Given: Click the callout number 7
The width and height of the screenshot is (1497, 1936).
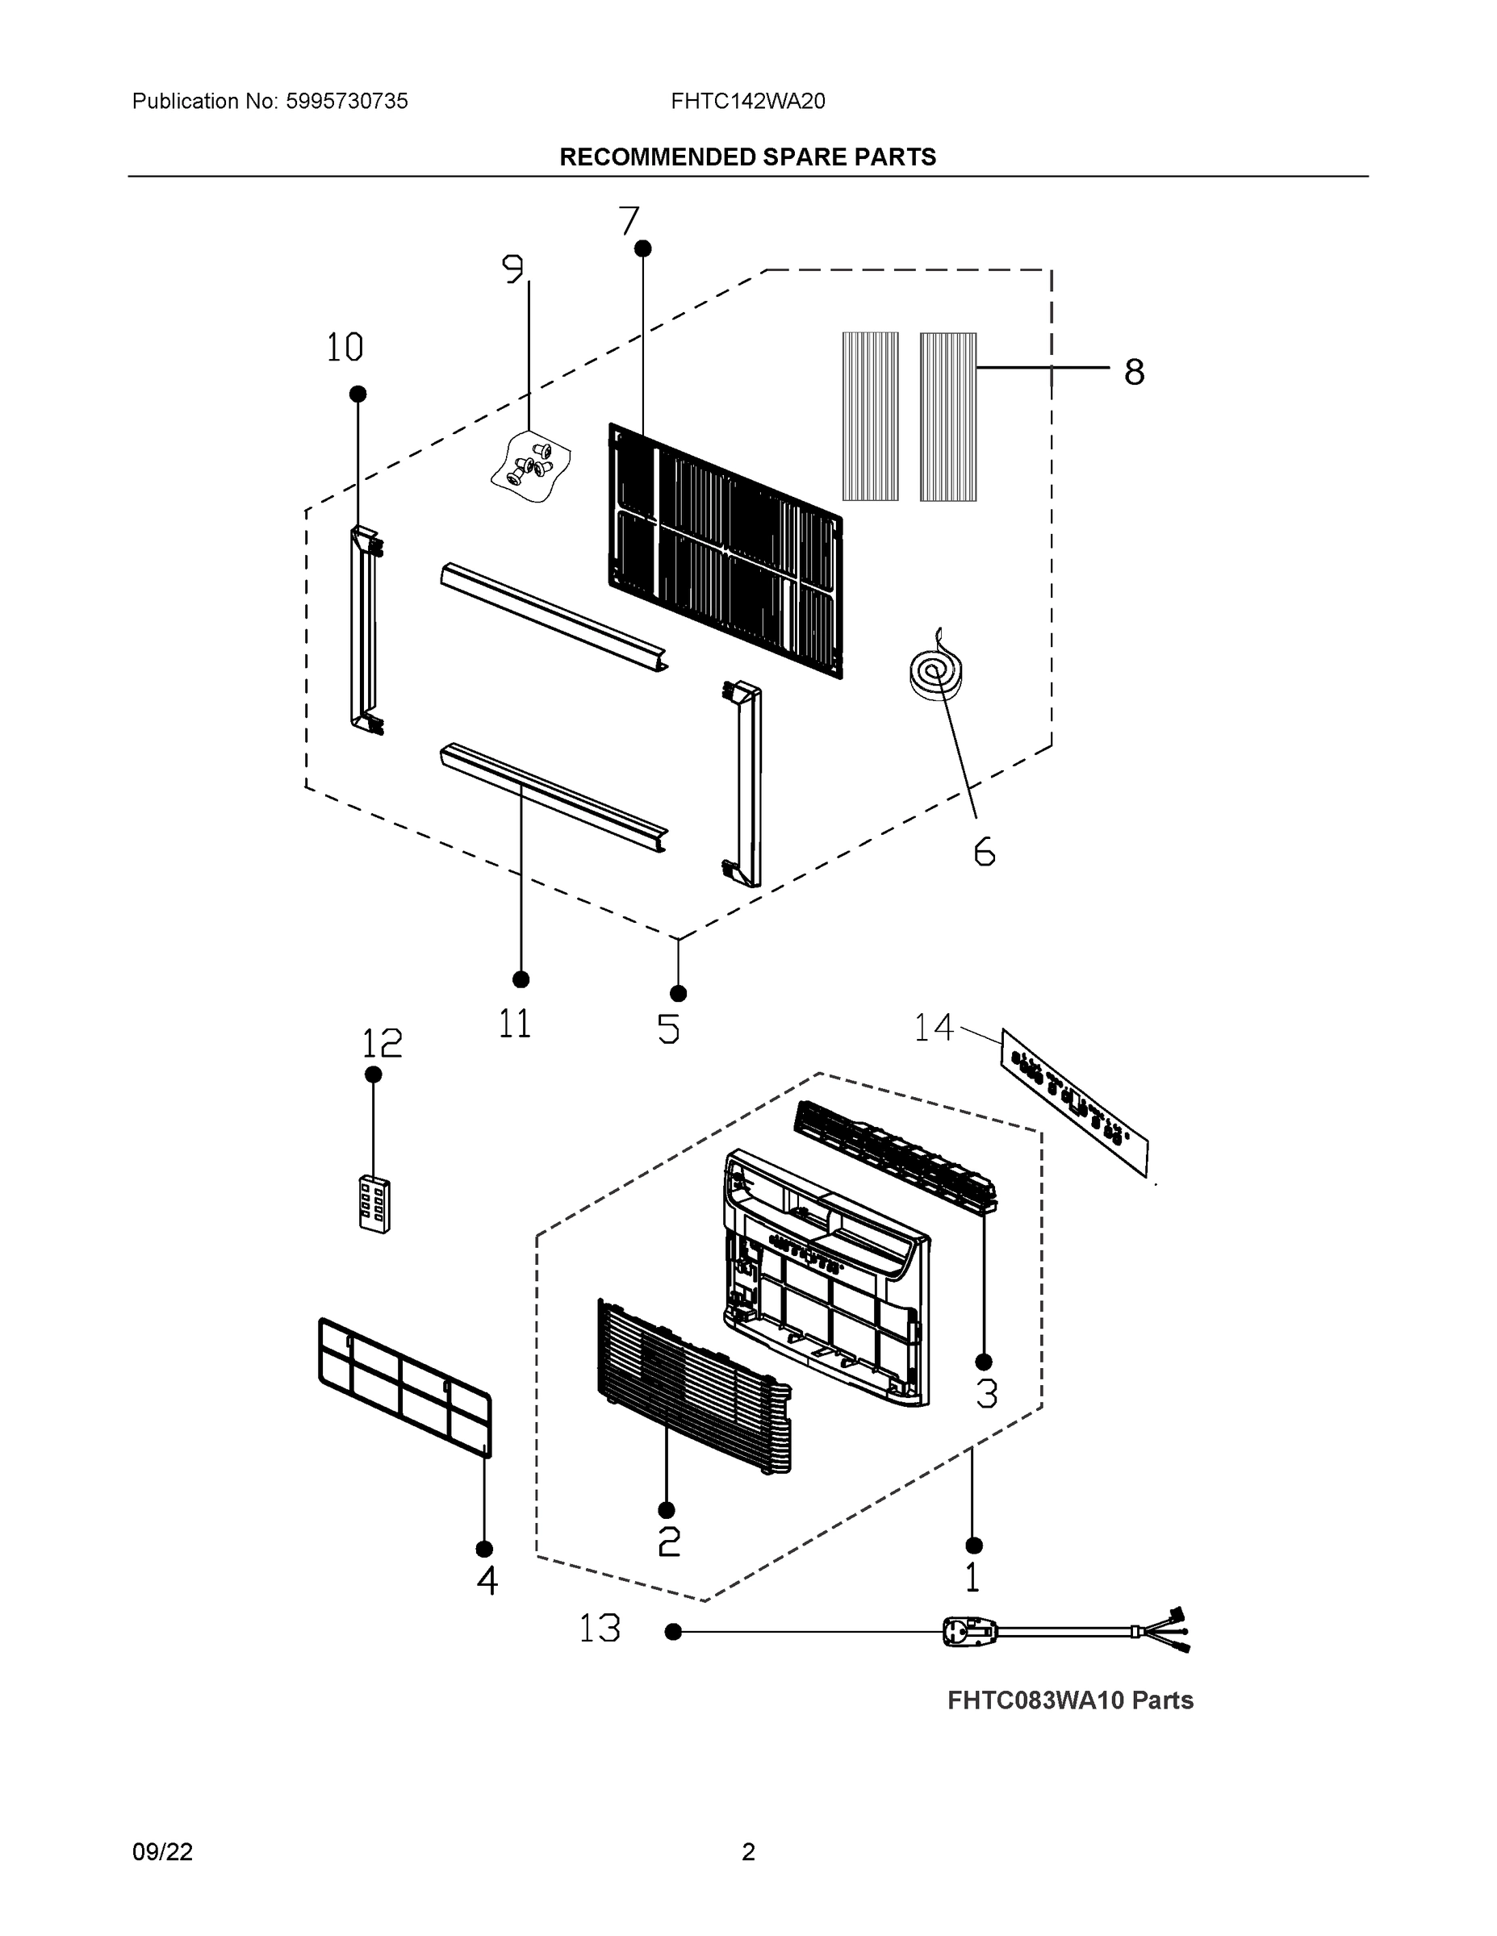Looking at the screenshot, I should [629, 221].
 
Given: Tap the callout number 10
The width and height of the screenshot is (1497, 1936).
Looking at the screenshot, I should [345, 348].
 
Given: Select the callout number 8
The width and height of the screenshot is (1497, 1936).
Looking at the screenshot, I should [1135, 373].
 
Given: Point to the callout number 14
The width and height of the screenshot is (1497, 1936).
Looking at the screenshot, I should [933, 1028].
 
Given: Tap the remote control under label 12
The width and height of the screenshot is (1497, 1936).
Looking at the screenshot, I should [374, 1204].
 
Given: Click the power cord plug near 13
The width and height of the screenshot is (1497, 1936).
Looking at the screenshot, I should [969, 1631].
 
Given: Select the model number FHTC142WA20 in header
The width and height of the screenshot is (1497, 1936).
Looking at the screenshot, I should [747, 101].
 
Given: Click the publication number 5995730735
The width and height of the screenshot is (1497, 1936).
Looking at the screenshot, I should [347, 101].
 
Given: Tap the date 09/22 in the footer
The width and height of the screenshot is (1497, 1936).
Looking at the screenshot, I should [162, 1852].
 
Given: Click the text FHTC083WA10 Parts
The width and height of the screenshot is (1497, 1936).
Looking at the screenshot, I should [1070, 1700].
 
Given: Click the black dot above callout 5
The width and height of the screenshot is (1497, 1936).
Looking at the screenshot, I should [679, 994].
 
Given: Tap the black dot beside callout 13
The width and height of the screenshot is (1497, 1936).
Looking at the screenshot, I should [673, 1632].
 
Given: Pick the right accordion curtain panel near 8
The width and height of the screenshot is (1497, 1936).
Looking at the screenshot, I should [948, 416].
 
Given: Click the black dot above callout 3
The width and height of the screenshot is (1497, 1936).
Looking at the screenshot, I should [984, 1362].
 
